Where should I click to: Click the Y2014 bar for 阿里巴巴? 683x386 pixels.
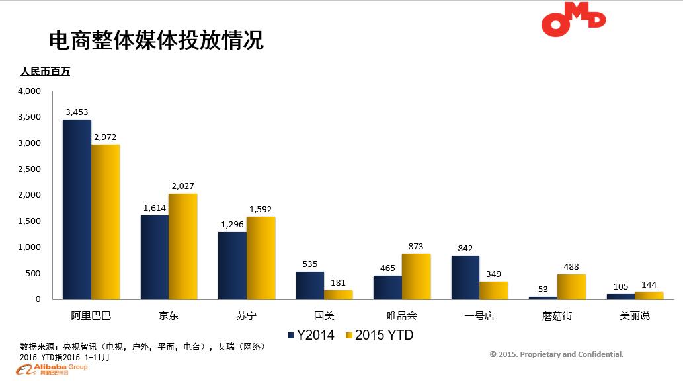click(77, 210)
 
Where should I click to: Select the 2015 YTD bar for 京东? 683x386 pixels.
click(183, 247)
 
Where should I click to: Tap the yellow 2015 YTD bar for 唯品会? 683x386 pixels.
click(417, 277)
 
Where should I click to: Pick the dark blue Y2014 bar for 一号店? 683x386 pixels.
click(465, 278)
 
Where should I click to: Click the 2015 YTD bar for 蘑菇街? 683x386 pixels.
click(571, 287)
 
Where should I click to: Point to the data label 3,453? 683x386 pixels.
click(77, 112)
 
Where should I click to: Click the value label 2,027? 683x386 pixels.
click(182, 186)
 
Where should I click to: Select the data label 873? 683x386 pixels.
click(416, 246)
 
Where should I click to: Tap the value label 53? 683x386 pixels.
click(543, 289)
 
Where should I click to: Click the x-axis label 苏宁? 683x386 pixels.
click(246, 316)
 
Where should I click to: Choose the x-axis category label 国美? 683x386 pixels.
click(324, 316)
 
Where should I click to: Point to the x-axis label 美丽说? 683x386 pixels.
click(635, 316)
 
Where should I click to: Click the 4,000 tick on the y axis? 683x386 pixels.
click(29, 91)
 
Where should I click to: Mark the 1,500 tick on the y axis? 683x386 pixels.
click(29, 221)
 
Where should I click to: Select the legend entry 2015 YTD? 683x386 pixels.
click(380, 336)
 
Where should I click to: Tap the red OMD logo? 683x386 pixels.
click(573, 20)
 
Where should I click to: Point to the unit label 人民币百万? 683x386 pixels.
click(45, 72)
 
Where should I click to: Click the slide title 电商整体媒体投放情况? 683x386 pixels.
click(157, 40)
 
